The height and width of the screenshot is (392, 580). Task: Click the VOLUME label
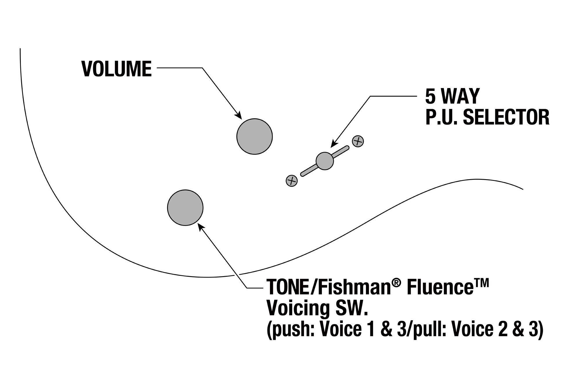117,69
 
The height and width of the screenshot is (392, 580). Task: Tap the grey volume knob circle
255,136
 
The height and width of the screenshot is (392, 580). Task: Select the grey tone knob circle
185,208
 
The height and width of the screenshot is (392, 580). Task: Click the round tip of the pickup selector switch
325,161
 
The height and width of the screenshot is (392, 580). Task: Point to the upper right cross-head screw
358,141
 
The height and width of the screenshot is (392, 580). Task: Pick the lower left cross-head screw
292,181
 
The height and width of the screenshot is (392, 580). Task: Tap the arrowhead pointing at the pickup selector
334,144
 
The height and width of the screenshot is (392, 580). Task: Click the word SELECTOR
506,117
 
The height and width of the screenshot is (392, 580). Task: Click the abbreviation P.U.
442,117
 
